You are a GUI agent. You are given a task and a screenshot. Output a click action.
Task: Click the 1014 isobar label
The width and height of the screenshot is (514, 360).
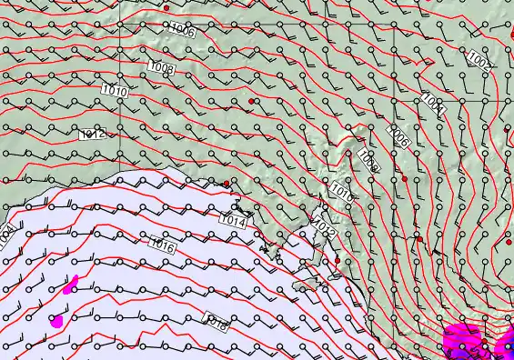[x=235, y=220]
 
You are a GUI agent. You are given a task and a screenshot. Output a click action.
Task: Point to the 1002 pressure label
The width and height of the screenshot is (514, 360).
[x=479, y=60]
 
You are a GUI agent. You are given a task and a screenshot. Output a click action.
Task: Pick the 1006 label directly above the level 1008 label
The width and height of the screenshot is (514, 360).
[x=182, y=31]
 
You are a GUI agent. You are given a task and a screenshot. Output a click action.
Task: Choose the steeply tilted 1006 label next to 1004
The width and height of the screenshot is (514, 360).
[x=397, y=135]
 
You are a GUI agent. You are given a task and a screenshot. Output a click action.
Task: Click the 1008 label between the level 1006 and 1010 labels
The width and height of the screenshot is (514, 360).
[x=161, y=66]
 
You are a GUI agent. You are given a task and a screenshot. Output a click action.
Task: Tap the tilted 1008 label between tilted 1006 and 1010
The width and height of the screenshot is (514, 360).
[x=368, y=161]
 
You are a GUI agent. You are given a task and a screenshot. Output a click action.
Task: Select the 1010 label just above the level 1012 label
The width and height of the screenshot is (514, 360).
[x=115, y=91]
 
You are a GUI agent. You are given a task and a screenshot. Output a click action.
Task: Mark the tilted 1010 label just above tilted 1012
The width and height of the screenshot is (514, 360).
[x=342, y=192]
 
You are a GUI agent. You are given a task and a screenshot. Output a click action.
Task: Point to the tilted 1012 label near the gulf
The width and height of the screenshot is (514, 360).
[x=325, y=227]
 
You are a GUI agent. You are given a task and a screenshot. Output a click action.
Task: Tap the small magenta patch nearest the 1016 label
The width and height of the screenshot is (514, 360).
[x=72, y=286]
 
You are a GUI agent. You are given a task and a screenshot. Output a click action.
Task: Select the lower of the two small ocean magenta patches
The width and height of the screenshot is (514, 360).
[x=57, y=320]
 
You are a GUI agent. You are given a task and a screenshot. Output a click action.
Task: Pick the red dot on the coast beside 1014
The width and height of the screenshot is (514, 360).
[x=227, y=184]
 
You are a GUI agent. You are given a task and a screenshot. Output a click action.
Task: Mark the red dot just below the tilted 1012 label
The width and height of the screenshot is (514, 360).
[x=337, y=261]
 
